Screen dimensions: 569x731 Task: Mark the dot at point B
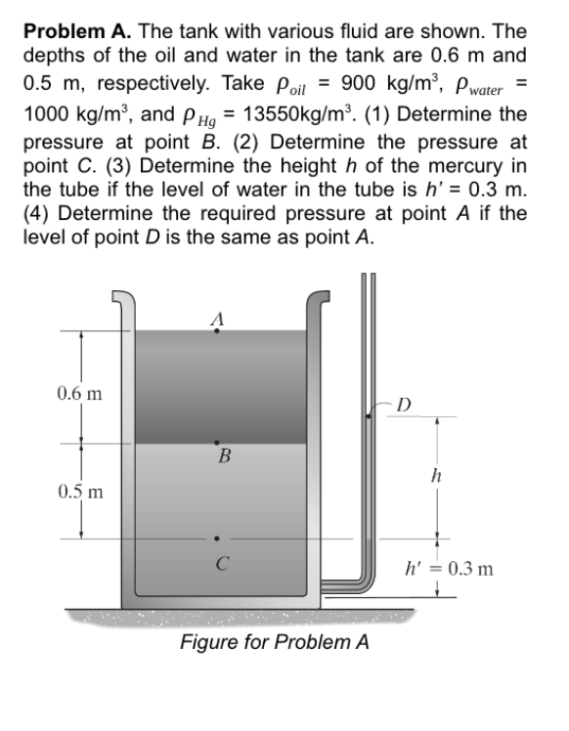click(217, 443)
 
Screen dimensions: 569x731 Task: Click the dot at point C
click(217, 537)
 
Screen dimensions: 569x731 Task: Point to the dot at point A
click(217, 331)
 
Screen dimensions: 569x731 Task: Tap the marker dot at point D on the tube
click(368, 415)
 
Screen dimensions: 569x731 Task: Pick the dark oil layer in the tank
click(217, 386)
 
